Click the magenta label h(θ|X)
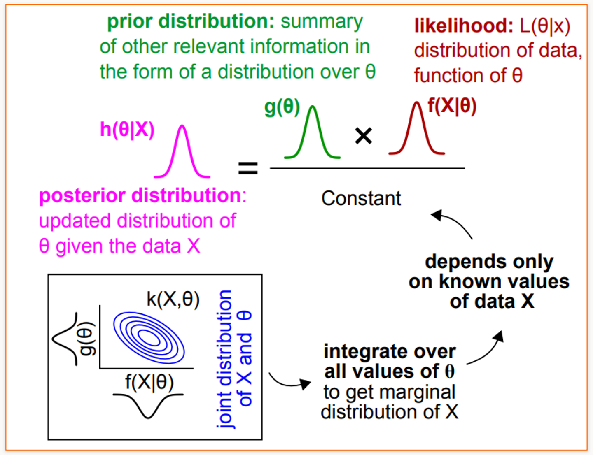point(127,130)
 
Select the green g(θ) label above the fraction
point(282,107)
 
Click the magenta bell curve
point(182,152)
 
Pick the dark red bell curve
point(417,129)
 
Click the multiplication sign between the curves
point(363,136)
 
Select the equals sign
point(248,168)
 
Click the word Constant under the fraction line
point(361,198)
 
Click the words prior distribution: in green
point(191,21)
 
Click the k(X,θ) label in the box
point(173,299)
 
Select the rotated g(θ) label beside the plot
point(87,338)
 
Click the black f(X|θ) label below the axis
point(149,382)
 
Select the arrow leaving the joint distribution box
point(289,382)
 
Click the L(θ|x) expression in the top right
point(545,26)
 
